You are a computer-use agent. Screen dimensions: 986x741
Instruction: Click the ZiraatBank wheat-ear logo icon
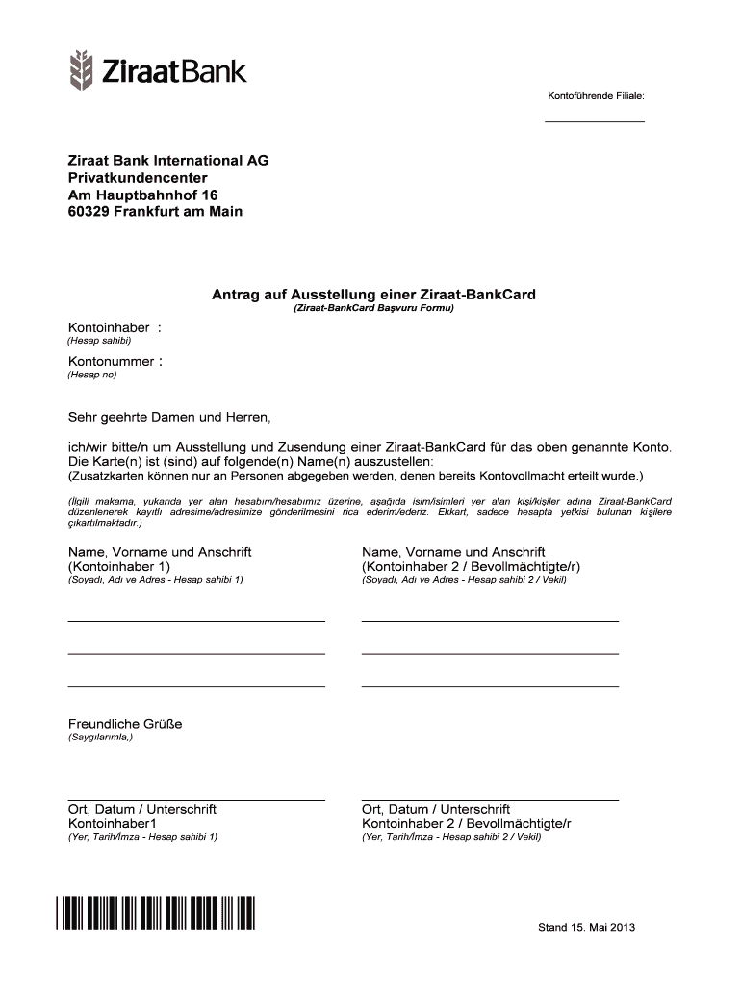tap(82, 69)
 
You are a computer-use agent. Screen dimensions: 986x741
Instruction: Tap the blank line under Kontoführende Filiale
tap(595, 122)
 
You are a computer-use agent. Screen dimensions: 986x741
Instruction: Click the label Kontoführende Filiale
tap(596, 96)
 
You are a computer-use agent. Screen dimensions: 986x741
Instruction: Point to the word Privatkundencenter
tap(138, 178)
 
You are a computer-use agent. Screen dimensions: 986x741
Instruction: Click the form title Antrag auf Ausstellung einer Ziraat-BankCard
tap(373, 294)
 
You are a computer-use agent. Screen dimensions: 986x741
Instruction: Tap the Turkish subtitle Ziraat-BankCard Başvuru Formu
tap(372, 309)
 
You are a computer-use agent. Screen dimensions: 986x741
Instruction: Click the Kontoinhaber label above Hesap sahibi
tap(109, 328)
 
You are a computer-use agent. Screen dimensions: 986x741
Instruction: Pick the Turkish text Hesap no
tap(92, 375)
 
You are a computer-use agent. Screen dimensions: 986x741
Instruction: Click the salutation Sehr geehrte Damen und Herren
tap(169, 418)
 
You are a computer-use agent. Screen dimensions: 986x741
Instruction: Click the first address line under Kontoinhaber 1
tap(196, 621)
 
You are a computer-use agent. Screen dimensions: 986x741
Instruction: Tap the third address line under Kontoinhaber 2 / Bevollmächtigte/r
tap(490, 686)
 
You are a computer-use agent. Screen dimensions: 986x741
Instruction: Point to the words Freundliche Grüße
tap(125, 724)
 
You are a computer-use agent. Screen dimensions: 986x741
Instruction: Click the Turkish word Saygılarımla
tap(100, 738)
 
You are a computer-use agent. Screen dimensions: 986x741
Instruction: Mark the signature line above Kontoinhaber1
tap(196, 800)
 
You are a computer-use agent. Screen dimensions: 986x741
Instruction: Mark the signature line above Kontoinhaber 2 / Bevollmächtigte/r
tap(490, 800)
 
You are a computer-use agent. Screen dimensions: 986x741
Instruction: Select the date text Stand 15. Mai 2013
tap(586, 928)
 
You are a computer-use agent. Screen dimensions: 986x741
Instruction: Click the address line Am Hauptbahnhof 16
tap(136, 195)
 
